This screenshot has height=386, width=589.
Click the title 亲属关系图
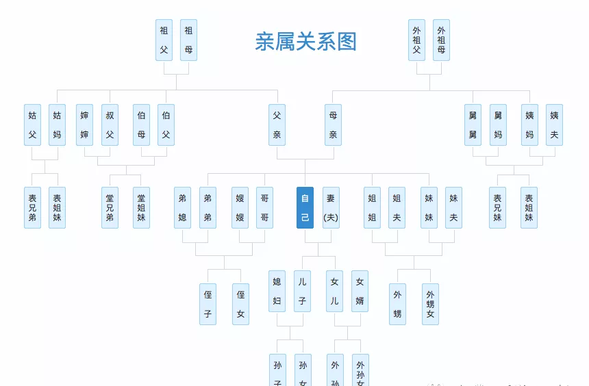tap(305, 42)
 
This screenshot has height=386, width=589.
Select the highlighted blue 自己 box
tap(305, 207)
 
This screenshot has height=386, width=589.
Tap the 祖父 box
tap(164, 40)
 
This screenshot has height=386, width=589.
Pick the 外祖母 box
tap(441, 40)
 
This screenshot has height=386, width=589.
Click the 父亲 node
tap(277, 125)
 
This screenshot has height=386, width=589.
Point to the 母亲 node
tap(333, 125)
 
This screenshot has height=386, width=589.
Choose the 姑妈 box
tap(57, 125)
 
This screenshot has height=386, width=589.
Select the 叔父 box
tap(110, 125)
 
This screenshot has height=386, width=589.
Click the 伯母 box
tap(141, 125)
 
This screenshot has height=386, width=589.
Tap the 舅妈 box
tap(498, 125)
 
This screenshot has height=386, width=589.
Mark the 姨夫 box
tap(554, 125)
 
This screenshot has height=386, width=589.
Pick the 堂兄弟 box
tap(110, 207)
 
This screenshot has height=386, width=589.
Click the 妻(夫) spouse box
tap(331, 207)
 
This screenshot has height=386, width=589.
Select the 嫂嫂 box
tap(240, 207)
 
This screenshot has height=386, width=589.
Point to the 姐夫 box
tap(397, 207)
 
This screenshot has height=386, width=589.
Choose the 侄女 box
tap(240, 304)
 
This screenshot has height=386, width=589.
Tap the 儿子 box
tap(302, 291)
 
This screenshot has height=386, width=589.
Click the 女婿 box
tap(360, 291)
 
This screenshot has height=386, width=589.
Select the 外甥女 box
tap(430, 304)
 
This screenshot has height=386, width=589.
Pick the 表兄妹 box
tap(497, 207)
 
